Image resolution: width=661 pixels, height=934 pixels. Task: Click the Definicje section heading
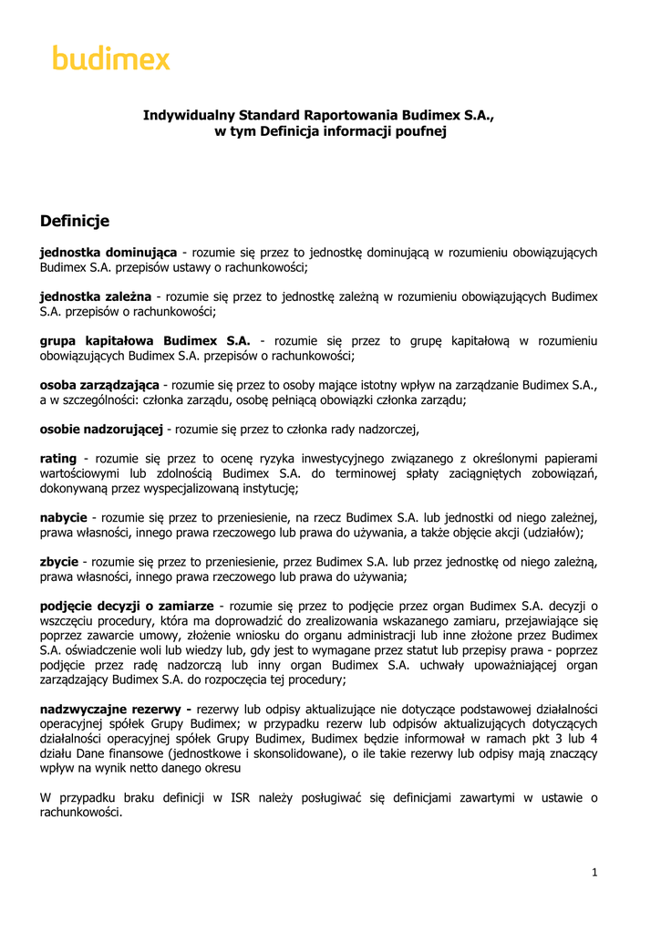point(75,221)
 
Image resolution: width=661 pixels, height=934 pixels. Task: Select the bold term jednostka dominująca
point(108,252)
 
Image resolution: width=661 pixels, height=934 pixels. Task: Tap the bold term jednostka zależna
point(95,296)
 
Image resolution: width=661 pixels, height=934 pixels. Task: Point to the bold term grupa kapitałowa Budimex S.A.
point(145,341)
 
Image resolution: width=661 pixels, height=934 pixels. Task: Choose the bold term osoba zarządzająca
point(99,385)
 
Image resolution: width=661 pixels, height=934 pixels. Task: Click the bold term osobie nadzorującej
point(101,429)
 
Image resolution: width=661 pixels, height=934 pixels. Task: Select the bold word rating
point(57,458)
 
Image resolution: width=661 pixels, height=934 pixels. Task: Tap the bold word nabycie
point(64,517)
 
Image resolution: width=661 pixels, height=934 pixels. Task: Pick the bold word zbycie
point(59,562)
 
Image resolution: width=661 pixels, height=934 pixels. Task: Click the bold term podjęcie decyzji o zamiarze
point(127,606)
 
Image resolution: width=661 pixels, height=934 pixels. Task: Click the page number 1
point(594,872)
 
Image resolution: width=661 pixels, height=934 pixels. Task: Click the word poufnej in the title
point(418,131)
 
